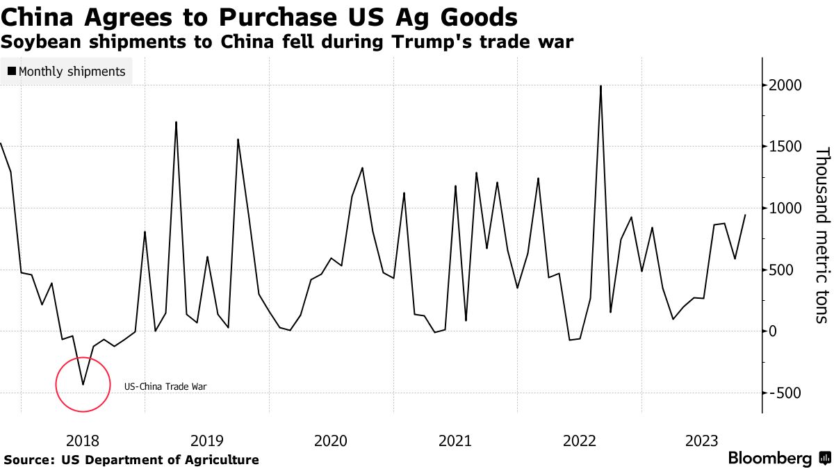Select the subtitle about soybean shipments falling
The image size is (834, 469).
(x=287, y=42)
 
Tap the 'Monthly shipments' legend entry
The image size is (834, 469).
(x=67, y=72)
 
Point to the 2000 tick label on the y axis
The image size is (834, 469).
(x=786, y=85)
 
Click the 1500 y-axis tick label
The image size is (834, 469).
(x=786, y=147)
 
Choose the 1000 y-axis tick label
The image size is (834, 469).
(x=786, y=208)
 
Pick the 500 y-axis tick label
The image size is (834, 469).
(x=782, y=270)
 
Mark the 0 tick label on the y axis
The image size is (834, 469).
(x=773, y=331)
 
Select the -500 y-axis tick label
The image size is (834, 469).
(x=785, y=393)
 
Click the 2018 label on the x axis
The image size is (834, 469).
(x=82, y=441)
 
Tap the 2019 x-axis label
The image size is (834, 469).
(x=206, y=441)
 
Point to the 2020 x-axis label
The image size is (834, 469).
(x=331, y=441)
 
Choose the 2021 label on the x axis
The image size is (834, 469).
(x=455, y=441)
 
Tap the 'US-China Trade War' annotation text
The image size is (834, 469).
(x=166, y=387)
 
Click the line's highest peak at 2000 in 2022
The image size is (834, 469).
(x=600, y=86)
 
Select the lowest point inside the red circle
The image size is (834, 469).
(x=83, y=384)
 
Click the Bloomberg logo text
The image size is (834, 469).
(x=770, y=459)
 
